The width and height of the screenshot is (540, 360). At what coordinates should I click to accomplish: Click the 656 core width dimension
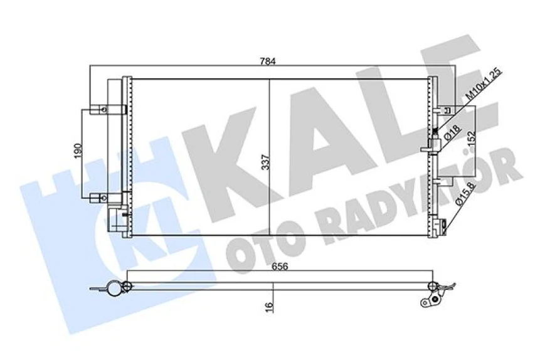point(280,266)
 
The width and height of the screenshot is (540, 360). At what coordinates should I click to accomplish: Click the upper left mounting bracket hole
point(102,110)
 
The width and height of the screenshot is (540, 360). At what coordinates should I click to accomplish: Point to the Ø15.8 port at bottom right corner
point(443,224)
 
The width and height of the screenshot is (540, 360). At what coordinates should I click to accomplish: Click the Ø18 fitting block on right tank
point(431,147)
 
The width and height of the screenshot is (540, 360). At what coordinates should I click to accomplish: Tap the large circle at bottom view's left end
point(114,288)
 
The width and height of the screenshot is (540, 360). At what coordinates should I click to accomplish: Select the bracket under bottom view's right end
point(432,301)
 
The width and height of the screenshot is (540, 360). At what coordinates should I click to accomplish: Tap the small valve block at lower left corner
point(115,220)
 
